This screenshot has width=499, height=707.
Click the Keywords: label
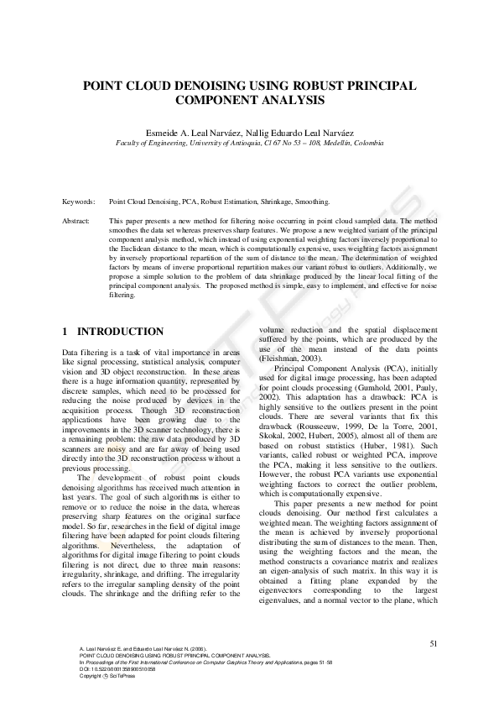[79, 202]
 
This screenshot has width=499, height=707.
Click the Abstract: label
[78, 220]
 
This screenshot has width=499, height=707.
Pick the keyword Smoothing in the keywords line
[310, 202]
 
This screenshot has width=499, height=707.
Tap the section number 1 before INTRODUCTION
[65, 332]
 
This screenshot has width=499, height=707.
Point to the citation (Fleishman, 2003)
[287, 359]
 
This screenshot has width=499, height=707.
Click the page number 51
[433, 643]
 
